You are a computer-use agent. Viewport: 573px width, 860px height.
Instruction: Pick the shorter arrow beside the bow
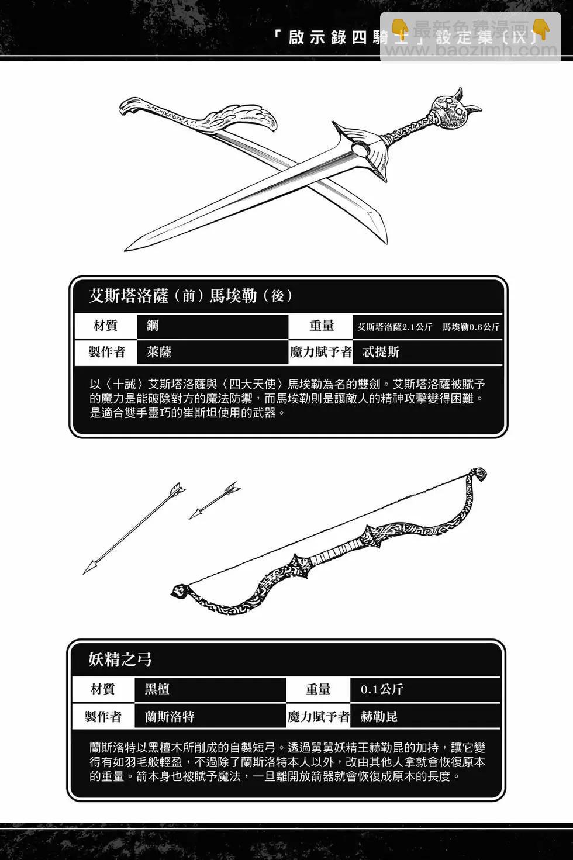(x=214, y=500)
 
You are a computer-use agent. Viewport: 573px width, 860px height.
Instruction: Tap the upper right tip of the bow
(x=479, y=474)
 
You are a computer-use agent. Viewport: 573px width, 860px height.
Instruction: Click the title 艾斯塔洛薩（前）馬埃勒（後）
(x=191, y=296)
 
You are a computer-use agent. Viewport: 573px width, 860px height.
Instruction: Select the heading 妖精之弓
(x=120, y=659)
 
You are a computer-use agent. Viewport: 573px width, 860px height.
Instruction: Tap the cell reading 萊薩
(x=159, y=352)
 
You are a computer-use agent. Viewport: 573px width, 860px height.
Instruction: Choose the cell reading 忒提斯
(x=381, y=352)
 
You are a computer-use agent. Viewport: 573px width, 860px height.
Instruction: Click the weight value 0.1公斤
(x=382, y=689)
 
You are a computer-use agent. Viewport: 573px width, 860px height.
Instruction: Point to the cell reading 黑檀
(x=157, y=689)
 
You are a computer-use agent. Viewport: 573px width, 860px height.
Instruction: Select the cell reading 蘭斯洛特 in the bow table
(x=170, y=716)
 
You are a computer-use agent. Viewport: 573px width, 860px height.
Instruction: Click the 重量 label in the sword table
(x=322, y=326)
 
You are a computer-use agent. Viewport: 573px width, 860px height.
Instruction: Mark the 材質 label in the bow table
(x=103, y=689)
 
